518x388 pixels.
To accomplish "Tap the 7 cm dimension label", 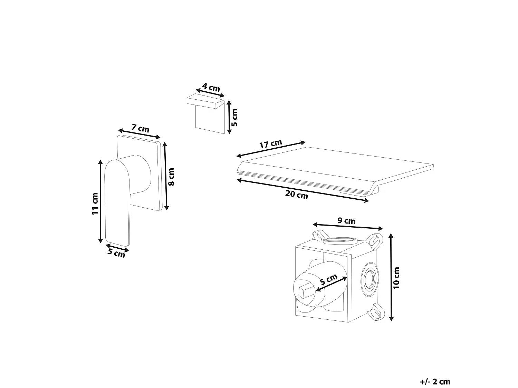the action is [x=141, y=128].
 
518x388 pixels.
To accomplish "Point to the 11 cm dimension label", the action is [x=95, y=203].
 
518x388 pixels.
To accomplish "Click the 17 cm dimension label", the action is [x=271, y=144].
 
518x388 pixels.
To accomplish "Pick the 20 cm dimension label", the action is [x=297, y=195].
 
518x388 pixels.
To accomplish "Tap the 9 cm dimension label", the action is [x=346, y=221].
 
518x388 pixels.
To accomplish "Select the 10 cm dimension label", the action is [x=396, y=278].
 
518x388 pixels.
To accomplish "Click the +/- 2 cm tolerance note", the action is [x=435, y=382].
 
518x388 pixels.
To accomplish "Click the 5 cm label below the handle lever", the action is [x=116, y=253].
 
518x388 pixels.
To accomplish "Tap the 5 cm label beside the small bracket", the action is [x=234, y=117].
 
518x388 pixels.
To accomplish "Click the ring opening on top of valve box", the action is [x=340, y=240].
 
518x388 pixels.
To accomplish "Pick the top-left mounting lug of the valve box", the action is [x=320, y=236].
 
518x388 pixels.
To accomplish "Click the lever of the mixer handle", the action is [x=117, y=202].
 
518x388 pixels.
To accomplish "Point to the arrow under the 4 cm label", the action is [x=210, y=93].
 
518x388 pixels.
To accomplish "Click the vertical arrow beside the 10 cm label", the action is [x=391, y=277].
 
